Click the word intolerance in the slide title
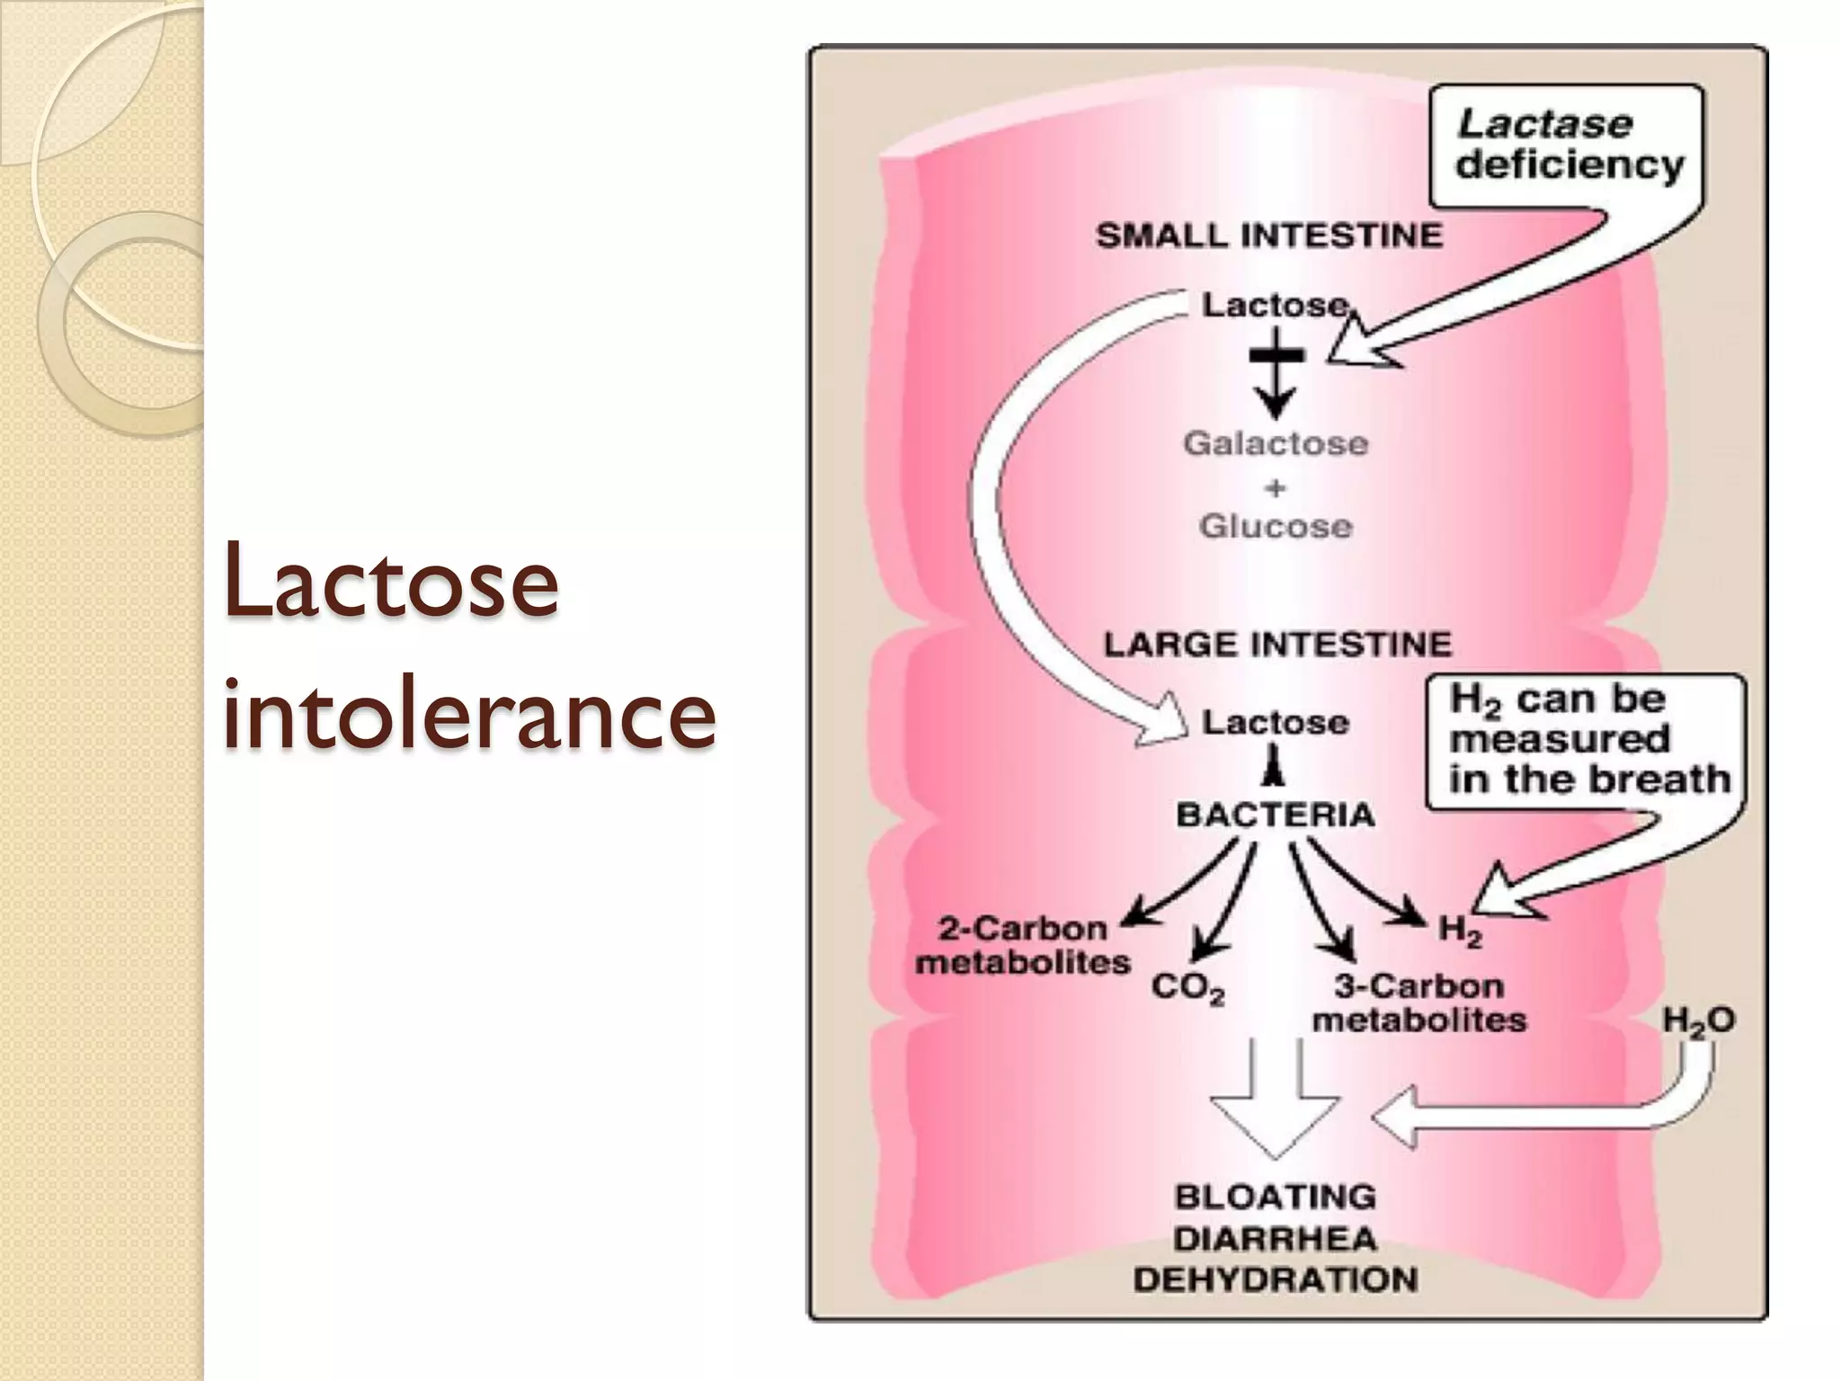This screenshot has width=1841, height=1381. [468, 715]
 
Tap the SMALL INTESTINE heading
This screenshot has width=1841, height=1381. [1268, 236]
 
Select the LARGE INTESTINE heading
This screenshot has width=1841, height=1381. [1277, 645]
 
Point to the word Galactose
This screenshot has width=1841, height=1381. [1276, 443]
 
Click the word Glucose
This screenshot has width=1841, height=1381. [1276, 526]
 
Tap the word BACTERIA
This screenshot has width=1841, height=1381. [1276, 815]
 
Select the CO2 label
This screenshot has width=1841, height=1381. [1187, 988]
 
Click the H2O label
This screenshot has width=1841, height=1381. [1698, 1020]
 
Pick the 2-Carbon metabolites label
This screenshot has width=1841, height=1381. [1023, 946]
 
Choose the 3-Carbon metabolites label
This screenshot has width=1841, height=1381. [1419, 1003]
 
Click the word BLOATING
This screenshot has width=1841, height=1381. [1276, 1197]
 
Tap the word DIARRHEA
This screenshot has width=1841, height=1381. [1276, 1239]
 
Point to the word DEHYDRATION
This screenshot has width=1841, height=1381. [1276, 1279]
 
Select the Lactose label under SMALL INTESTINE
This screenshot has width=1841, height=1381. [1276, 306]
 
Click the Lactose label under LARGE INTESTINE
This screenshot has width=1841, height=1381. [1276, 723]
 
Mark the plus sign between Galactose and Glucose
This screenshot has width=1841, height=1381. [1276, 488]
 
